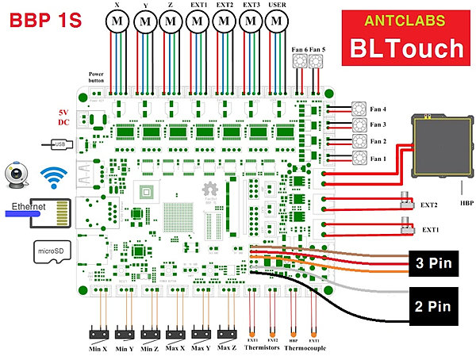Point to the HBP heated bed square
436,145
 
